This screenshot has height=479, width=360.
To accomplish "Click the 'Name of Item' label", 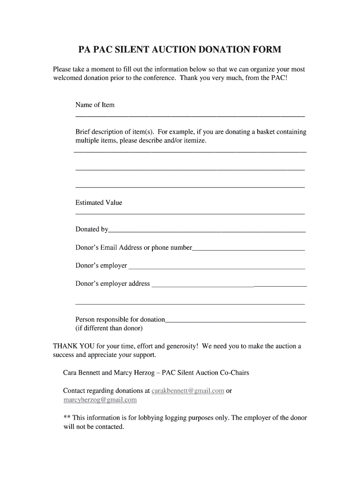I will pyautogui.click(x=95, y=105).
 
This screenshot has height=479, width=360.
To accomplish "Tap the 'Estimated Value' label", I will pyautogui.click(x=99, y=203).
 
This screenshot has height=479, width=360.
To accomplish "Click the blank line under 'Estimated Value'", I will pyautogui.click(x=190, y=214).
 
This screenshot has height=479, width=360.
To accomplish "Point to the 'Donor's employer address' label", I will pyautogui.click(x=113, y=283).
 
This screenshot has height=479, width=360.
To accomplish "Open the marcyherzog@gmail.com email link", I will pyautogui.click(x=100, y=400).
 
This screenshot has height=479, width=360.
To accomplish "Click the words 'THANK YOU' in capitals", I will pyautogui.click(x=69, y=346).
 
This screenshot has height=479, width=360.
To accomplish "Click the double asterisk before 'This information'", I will pyautogui.click(x=66, y=418).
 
